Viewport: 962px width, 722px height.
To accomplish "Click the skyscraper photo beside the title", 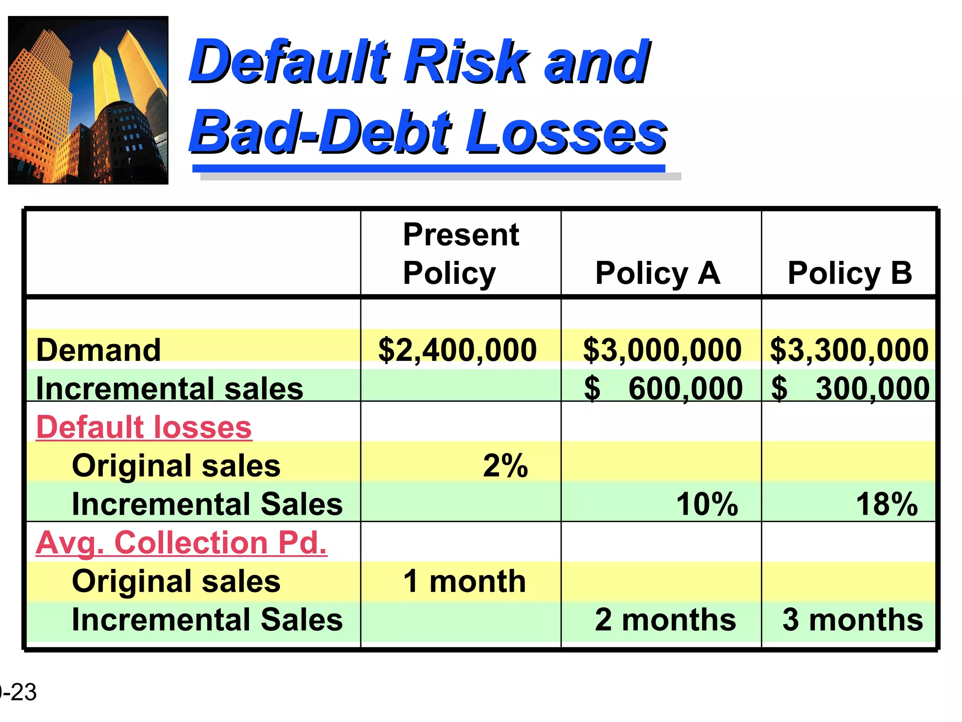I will (88, 100).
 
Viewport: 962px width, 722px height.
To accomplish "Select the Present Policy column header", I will (461, 253).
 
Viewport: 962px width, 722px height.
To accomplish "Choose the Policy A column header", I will (658, 273).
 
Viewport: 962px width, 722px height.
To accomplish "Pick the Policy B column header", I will (850, 273).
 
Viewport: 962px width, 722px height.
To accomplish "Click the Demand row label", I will (99, 350).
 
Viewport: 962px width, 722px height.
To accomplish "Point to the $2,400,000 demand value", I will (458, 350).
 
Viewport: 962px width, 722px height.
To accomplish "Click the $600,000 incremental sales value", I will (663, 389).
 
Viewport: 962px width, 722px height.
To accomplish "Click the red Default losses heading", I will (144, 427).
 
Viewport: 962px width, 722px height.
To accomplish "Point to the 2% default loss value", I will (505, 466).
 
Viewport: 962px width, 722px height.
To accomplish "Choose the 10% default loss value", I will (707, 504).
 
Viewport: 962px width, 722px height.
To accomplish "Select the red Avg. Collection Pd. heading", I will (181, 543).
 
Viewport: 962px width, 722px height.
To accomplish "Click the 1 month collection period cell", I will (464, 581).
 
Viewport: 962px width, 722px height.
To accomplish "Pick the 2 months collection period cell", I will (665, 620).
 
